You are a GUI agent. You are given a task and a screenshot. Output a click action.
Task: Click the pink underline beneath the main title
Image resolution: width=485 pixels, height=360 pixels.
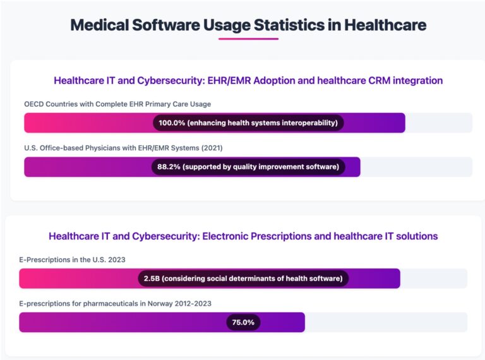point(248,39)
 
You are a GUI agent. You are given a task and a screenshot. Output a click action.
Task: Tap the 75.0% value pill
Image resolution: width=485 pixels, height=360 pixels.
point(243,322)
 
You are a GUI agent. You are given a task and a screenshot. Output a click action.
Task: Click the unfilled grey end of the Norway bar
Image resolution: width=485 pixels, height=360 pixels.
point(385,322)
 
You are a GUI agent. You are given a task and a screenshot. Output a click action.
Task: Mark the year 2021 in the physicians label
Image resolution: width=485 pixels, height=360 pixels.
point(212,148)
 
